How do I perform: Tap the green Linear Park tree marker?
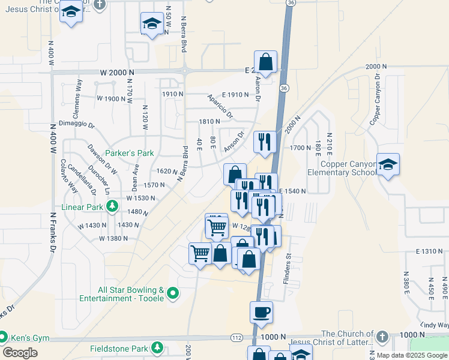click(112, 207)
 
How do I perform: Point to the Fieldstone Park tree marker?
click(157, 347)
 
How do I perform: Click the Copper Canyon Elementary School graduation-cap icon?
click(388, 165)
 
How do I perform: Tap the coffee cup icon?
click(261, 312)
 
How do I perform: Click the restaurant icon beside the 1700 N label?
click(265, 142)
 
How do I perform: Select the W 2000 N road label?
click(117, 71)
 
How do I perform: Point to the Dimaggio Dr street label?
click(77, 125)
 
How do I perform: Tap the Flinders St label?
click(287, 264)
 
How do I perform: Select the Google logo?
click(20, 353)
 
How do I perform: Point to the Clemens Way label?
click(79, 92)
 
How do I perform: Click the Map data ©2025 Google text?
click(412, 355)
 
